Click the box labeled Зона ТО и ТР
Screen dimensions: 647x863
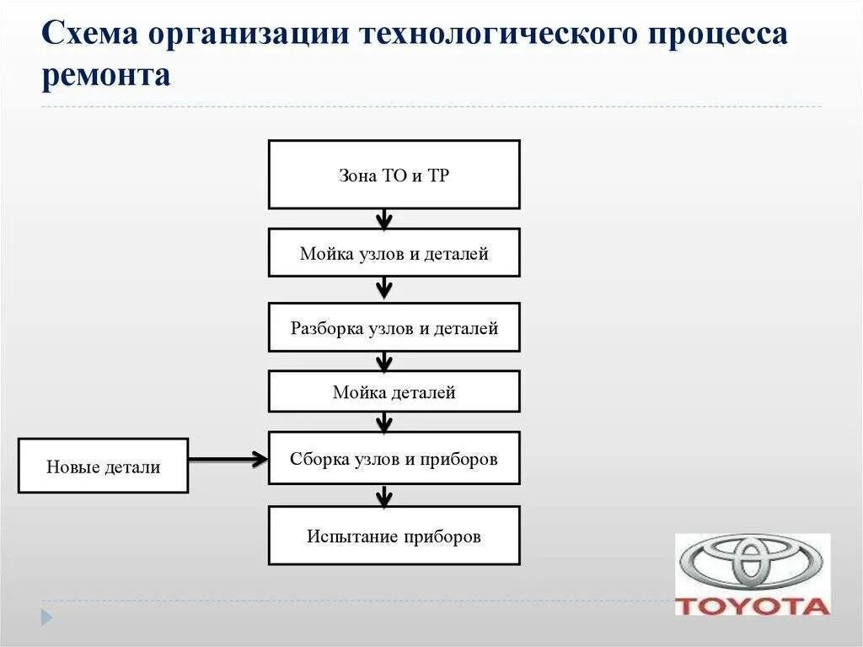click(394, 175)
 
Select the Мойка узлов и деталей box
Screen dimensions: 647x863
click(394, 253)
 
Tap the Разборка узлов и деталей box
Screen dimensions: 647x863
click(394, 327)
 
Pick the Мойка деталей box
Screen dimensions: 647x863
click(394, 391)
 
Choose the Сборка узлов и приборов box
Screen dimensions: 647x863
click(394, 458)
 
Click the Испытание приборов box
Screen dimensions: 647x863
click(394, 536)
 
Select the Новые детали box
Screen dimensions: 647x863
click(103, 466)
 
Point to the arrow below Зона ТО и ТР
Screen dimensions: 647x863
click(384, 219)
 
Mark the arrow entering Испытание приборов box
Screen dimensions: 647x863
click(384, 495)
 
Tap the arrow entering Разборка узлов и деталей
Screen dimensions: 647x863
click(384, 288)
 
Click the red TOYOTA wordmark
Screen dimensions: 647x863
click(753, 605)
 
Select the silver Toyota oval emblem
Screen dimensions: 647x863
click(753, 562)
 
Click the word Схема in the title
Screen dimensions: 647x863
click(89, 35)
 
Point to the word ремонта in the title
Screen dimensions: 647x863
click(106, 75)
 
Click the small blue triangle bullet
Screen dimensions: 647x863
click(46, 617)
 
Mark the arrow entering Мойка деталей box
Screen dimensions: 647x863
click(384, 361)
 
